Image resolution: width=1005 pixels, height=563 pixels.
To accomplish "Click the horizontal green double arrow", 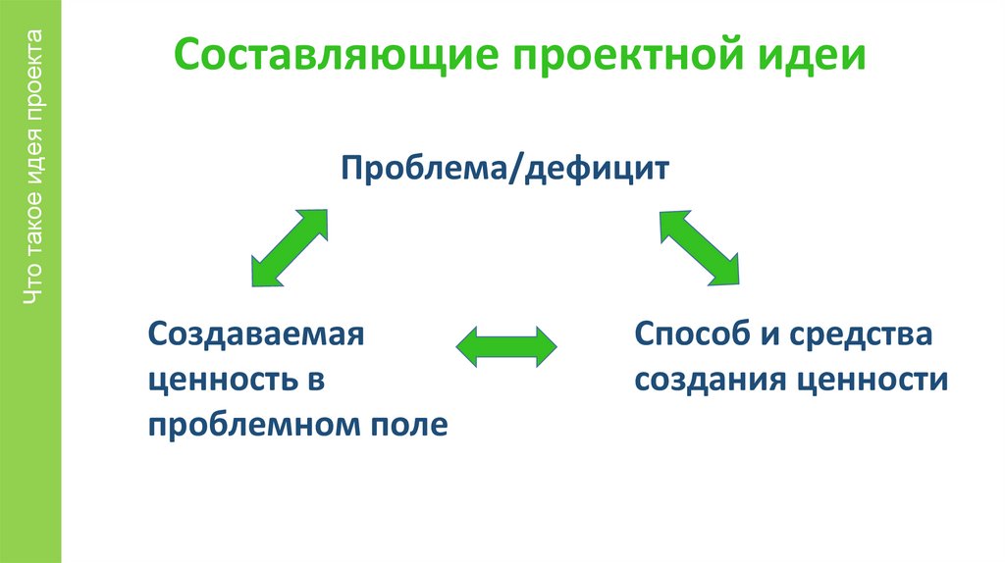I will click(x=507, y=346).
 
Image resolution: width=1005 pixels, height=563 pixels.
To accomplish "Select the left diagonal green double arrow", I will click(x=290, y=247).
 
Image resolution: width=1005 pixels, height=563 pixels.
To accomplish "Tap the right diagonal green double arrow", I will click(x=699, y=247).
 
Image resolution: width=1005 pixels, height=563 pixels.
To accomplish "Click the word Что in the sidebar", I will click(x=35, y=288).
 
